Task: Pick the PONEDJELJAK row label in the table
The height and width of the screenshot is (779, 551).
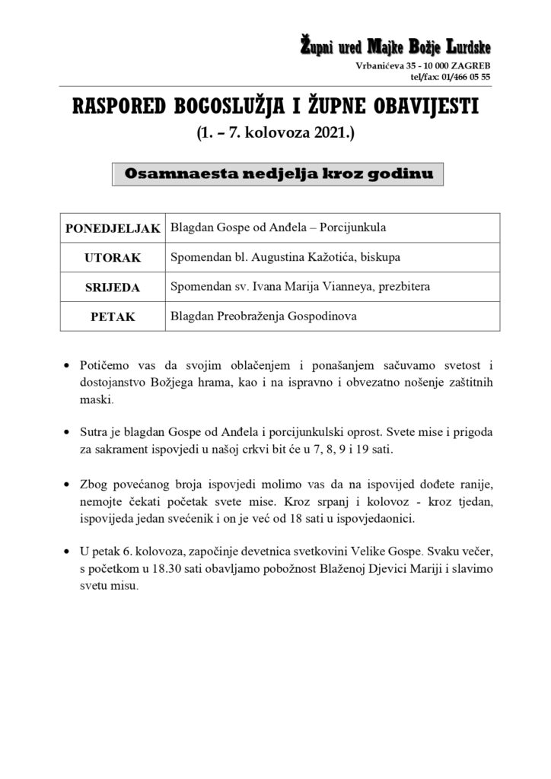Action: pos(113,228)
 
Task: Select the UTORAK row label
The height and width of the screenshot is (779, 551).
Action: pos(113,258)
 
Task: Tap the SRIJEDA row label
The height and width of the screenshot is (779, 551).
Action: pos(113,287)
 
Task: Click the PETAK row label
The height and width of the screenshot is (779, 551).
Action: pos(113,316)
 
